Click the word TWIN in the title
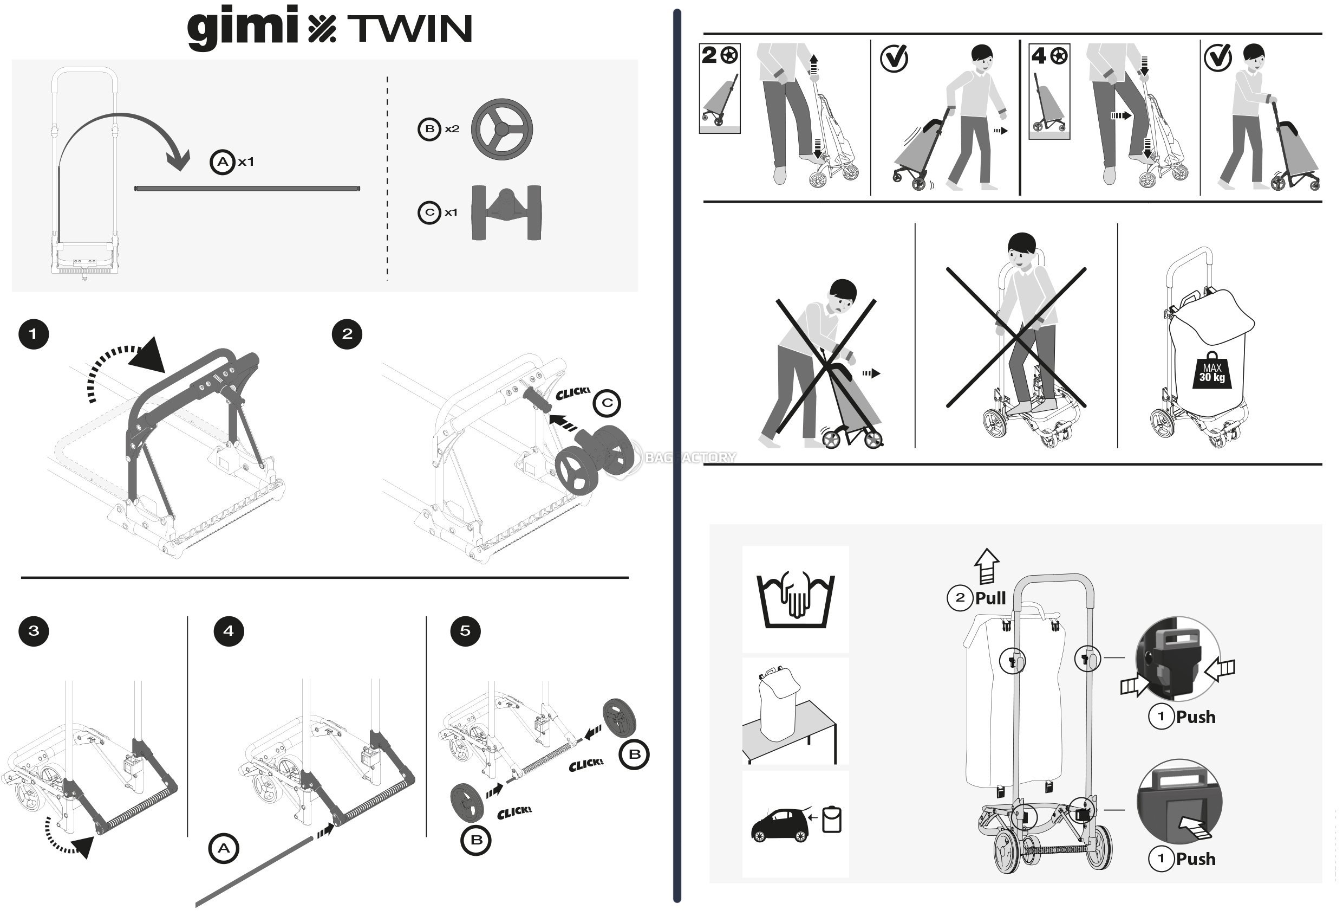pos(410,29)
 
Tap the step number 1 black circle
pos(34,334)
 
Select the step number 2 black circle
pos(347,334)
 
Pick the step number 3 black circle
pos(34,630)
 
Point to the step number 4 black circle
pos(229,630)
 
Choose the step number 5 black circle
pos(465,630)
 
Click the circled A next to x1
pos(223,162)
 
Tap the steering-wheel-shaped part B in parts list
pos(501,128)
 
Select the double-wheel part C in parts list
pos(507,212)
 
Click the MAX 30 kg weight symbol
pos(1212,370)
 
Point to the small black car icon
pos(780,825)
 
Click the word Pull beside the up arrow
pos(990,598)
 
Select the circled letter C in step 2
pos(607,403)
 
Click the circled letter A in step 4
pos(224,848)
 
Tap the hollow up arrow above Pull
pos(987,565)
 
